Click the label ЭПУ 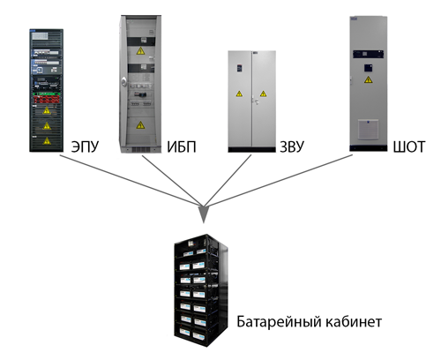(86, 146)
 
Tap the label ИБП (182, 146)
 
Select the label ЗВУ (292, 146)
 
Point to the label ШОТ (409, 146)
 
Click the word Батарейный (276, 322)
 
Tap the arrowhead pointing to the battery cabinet (204, 214)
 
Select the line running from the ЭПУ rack (130, 180)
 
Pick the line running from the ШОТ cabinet (280, 180)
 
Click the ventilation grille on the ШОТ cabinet (368, 130)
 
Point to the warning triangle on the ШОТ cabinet (368, 79)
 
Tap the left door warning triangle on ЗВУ (239, 94)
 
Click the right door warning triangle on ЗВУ (263, 94)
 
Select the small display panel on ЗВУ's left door (240, 68)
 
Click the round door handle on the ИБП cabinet (123, 81)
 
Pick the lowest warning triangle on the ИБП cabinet (140, 125)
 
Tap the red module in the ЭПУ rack (47, 99)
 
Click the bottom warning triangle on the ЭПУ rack (47, 141)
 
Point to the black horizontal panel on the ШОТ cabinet (368, 54)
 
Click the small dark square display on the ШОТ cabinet (369, 68)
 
